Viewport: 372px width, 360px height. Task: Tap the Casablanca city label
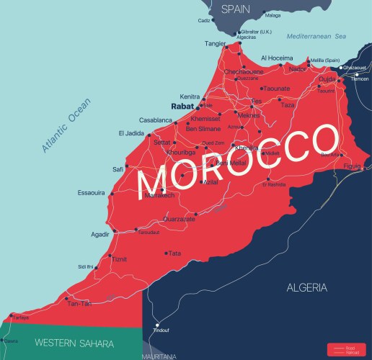(156, 120)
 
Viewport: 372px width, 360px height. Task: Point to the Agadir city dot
(115, 232)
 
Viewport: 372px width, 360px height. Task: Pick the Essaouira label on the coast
(92, 193)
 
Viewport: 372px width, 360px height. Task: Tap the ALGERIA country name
(307, 287)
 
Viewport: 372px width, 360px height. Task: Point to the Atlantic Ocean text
(64, 122)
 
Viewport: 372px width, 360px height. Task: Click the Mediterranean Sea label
(316, 36)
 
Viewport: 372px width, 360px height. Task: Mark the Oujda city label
(328, 79)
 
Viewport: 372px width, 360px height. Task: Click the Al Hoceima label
(278, 58)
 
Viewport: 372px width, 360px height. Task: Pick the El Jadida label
(131, 133)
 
